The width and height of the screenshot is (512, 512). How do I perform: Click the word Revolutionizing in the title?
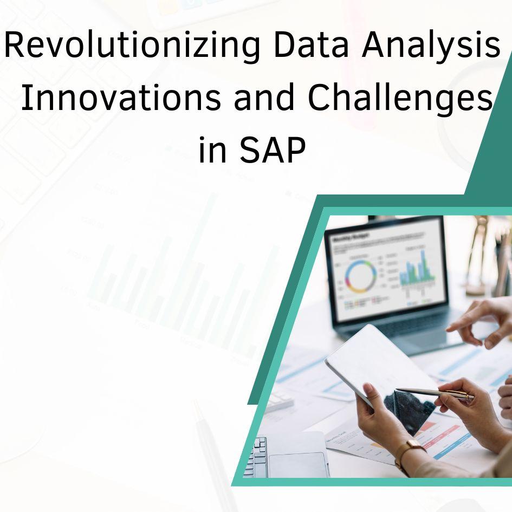point(132,46)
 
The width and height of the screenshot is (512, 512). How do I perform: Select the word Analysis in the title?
point(431,46)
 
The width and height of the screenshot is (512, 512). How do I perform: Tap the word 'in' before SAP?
point(212,149)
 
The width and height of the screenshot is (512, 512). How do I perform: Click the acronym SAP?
point(273,149)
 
